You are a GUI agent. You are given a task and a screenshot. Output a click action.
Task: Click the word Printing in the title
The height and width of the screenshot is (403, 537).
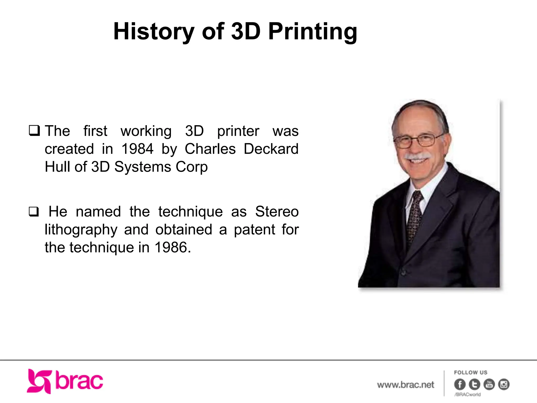pyautogui.click(x=313, y=32)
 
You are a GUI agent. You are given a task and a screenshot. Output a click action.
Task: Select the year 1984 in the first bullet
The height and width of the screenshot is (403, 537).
pyautogui.click(x=137, y=149)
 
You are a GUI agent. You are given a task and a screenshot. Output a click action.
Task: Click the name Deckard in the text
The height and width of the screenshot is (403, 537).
pyautogui.click(x=271, y=149)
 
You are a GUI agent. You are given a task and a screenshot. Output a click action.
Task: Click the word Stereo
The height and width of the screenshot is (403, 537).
pyautogui.click(x=277, y=211)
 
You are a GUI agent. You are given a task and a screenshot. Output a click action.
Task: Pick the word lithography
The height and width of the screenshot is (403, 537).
pyautogui.click(x=81, y=230)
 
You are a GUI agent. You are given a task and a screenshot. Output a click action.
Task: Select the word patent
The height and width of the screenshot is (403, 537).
pyautogui.click(x=254, y=230)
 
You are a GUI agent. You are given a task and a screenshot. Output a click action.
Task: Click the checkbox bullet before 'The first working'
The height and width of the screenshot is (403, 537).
pyautogui.click(x=34, y=130)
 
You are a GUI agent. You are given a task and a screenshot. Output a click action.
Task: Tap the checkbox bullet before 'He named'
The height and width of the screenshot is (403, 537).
pyautogui.click(x=34, y=211)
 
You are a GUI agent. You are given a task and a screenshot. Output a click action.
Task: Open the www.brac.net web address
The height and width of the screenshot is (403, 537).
pyautogui.click(x=406, y=385)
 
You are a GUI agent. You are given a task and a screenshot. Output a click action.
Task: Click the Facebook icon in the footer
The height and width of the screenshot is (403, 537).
pyautogui.click(x=460, y=384)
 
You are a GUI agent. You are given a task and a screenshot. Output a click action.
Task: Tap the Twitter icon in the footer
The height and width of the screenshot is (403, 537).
pyautogui.click(x=474, y=384)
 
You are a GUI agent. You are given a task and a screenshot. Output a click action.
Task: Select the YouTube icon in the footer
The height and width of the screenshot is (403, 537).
pyautogui.click(x=489, y=384)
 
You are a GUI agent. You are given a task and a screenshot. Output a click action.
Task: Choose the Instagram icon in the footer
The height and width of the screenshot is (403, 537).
pyautogui.click(x=504, y=384)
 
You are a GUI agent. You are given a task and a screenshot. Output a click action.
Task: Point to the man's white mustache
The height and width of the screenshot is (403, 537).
pyautogui.click(x=417, y=156)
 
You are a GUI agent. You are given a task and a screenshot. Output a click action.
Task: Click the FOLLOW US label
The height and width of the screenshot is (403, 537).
pyautogui.click(x=471, y=373)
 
